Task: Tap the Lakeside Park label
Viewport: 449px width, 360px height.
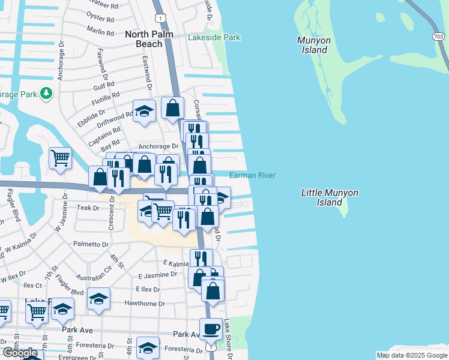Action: (214, 37)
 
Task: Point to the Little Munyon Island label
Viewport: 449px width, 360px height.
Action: (329, 197)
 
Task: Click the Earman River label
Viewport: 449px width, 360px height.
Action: (252, 175)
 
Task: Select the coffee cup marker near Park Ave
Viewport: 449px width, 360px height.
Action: (211, 329)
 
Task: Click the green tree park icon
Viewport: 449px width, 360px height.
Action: (46, 94)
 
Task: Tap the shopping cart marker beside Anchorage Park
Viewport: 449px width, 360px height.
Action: (60, 158)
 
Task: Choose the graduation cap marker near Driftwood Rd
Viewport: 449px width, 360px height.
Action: (145, 111)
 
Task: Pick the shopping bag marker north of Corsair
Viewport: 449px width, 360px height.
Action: (172, 109)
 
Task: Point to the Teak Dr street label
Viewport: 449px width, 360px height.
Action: (88, 208)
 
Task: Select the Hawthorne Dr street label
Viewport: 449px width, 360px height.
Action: (144, 303)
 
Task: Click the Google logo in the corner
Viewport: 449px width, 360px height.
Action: (20, 353)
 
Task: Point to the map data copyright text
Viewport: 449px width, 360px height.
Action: (411, 355)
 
